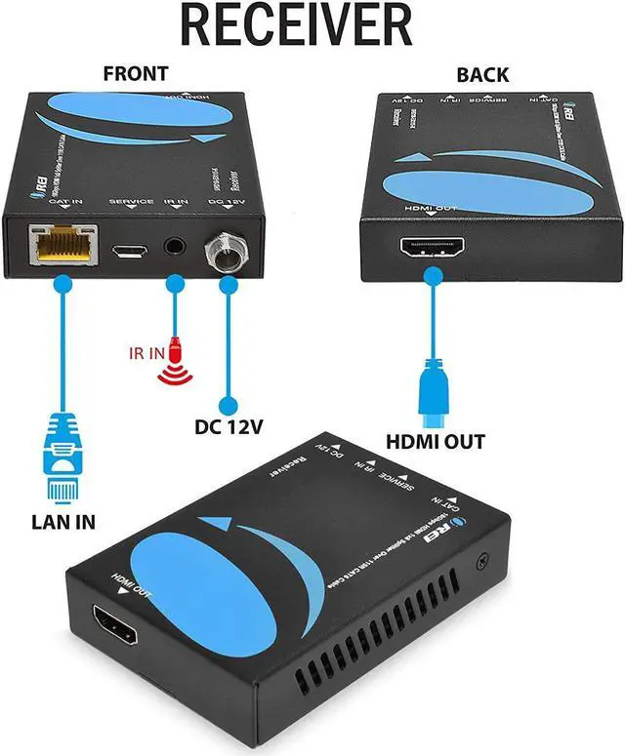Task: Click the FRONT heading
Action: click(135, 73)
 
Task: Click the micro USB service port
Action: click(127, 252)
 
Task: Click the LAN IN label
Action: click(60, 521)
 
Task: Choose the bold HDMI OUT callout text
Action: click(435, 442)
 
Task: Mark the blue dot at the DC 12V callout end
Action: click(228, 403)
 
